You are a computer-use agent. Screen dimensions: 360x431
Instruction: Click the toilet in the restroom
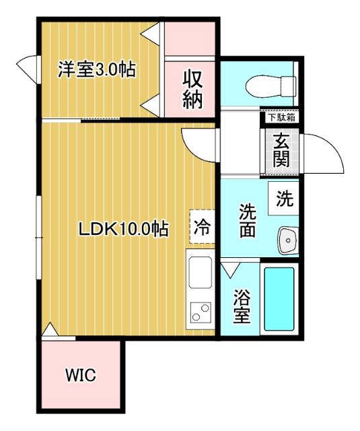coord(271,87)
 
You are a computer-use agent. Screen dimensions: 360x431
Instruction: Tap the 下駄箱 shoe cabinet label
coord(281,118)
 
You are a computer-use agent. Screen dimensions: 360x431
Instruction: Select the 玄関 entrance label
coord(281,150)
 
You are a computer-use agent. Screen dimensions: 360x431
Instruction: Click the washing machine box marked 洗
coord(283,199)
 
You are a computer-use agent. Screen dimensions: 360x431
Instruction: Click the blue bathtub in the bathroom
coord(279,299)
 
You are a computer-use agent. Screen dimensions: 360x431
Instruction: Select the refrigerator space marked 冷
coord(202,227)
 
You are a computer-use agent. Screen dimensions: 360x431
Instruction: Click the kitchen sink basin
coord(201,272)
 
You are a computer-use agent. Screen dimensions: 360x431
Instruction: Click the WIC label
coord(81,374)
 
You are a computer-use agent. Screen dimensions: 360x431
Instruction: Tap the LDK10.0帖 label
coord(124,229)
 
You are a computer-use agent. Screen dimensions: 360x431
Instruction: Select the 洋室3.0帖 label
coord(96,70)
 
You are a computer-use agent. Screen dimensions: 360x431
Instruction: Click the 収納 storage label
coord(192,90)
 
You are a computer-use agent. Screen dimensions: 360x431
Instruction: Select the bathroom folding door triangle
coord(231,269)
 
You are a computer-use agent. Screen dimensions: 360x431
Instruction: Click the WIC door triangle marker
coord(50,329)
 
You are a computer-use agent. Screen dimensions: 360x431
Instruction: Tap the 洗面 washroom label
coord(248,221)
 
